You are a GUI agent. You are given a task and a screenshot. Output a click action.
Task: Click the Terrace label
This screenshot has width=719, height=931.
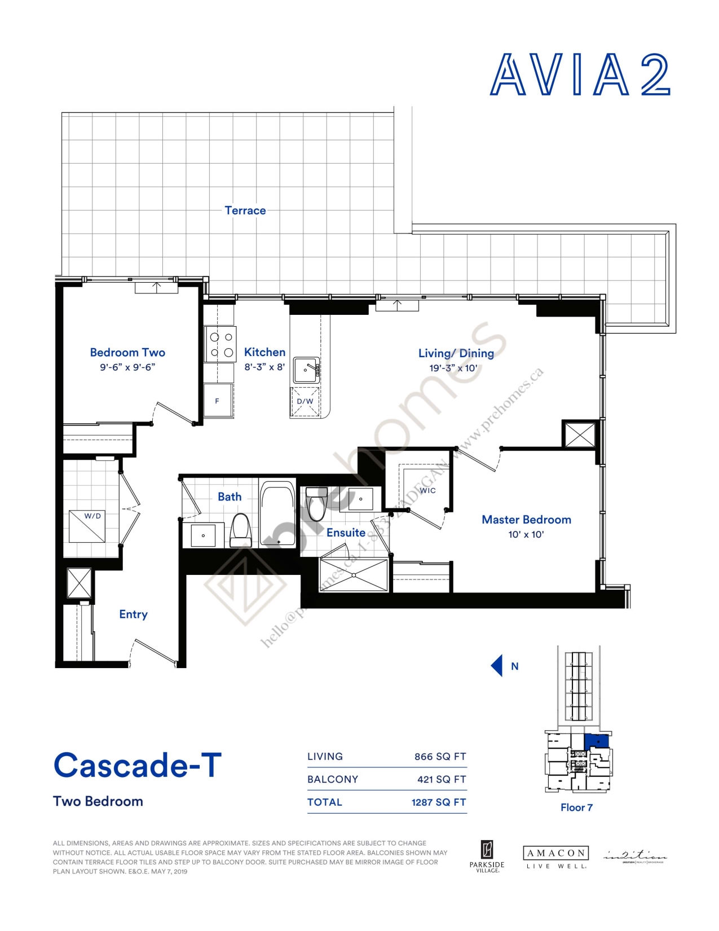pyautogui.click(x=245, y=210)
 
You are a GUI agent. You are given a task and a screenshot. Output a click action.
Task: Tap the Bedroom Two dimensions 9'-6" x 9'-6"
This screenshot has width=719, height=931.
pyautogui.click(x=127, y=367)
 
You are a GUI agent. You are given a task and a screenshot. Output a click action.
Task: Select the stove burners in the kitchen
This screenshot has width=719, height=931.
pyautogui.click(x=221, y=345)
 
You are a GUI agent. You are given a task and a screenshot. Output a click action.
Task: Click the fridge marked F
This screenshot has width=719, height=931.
pyautogui.click(x=218, y=401)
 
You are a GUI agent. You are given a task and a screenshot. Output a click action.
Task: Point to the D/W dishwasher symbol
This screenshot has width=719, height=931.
pyautogui.click(x=305, y=402)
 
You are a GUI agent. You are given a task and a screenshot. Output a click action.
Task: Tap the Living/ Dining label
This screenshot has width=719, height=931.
pyautogui.click(x=456, y=353)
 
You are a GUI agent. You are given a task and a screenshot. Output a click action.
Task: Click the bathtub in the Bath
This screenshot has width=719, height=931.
pyautogui.click(x=277, y=513)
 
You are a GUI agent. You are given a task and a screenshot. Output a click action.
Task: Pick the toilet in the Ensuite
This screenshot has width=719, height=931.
pyautogui.click(x=316, y=504)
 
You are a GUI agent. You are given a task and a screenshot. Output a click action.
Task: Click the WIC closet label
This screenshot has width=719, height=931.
pyautogui.click(x=427, y=490)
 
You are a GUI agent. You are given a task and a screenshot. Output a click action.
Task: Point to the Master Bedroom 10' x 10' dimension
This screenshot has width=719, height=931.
pyautogui.click(x=526, y=534)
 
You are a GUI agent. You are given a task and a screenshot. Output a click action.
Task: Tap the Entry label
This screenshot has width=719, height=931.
pyautogui.click(x=133, y=614)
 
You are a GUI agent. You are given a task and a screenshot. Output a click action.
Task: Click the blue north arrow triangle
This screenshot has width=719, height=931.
pyautogui.click(x=497, y=666)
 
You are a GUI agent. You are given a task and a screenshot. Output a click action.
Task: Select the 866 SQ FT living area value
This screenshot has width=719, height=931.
pyautogui.click(x=440, y=757)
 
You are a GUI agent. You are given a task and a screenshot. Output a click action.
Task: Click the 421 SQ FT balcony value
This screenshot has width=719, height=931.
pyautogui.click(x=441, y=779)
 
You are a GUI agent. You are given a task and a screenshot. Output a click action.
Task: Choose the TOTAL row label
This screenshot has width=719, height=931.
pyautogui.click(x=324, y=802)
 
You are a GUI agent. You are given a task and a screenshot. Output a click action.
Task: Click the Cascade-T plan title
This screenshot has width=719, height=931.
pyautogui.click(x=137, y=766)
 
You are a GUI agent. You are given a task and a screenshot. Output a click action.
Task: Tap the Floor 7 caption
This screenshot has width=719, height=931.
pyautogui.click(x=576, y=807)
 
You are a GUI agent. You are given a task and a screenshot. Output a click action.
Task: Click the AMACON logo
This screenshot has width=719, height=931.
pyautogui.click(x=555, y=853)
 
